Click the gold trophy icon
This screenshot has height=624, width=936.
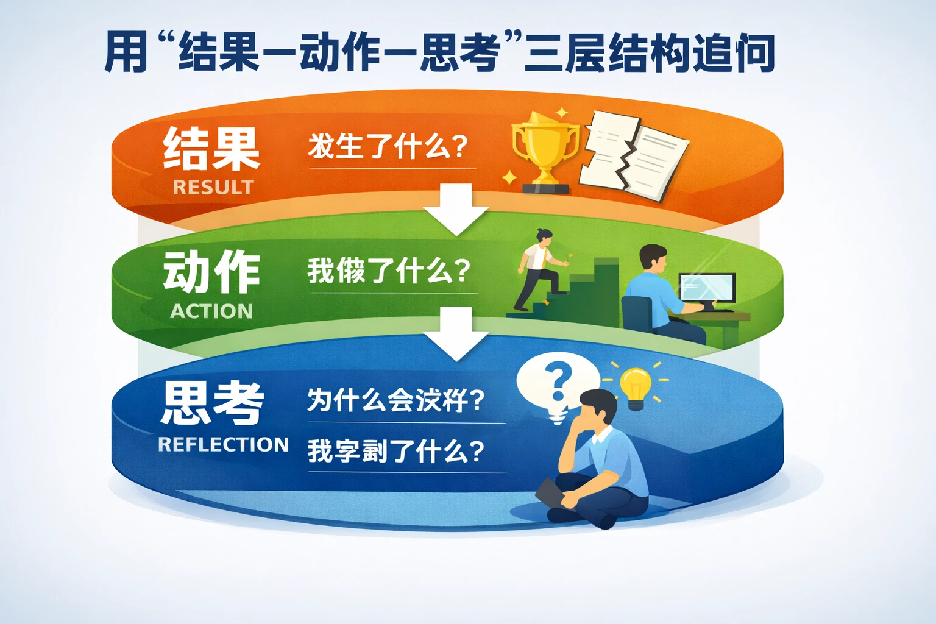[544, 150]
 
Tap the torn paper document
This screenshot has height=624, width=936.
[634, 156]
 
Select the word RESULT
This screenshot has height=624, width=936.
[213, 187]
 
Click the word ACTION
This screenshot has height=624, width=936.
[211, 311]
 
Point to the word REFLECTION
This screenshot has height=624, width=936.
[223, 445]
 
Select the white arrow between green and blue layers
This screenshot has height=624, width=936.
[456, 333]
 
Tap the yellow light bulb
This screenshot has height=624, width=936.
[636, 388]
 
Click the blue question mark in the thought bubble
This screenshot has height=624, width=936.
[559, 381]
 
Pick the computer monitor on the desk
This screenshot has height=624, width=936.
[707, 289]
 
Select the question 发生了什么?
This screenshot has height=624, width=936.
[388, 147]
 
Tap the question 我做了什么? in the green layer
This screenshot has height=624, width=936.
[389, 271]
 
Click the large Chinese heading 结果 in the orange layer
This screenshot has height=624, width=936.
[211, 149]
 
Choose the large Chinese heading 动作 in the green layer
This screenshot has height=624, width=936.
[211, 272]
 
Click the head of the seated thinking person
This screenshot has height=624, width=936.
[599, 408]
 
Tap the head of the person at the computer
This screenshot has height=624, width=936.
[653, 259]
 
